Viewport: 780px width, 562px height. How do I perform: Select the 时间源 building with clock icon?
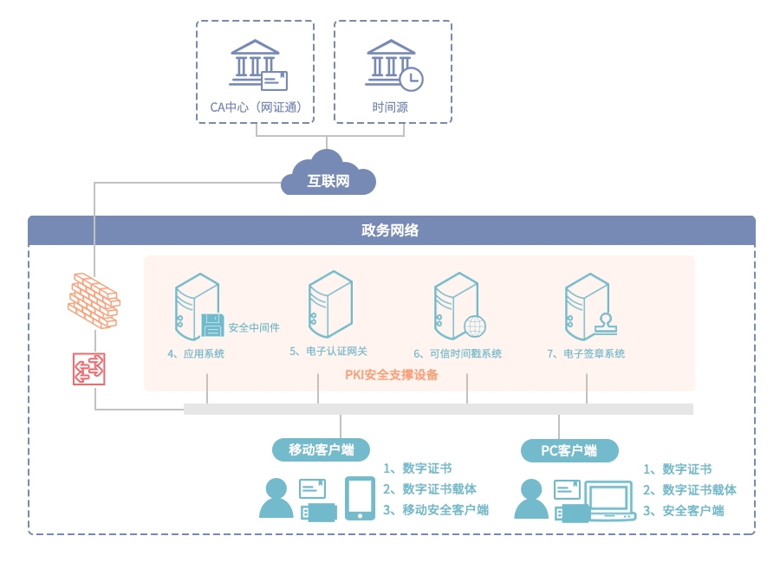393,63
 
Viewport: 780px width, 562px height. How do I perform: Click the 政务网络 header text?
390,230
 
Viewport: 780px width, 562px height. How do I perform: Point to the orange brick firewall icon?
94,300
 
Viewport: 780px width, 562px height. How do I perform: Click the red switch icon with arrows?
88,369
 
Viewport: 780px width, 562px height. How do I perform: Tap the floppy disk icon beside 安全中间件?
212,326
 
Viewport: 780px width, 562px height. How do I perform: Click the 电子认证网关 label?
328,352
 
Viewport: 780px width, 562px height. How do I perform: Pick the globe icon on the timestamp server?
474,326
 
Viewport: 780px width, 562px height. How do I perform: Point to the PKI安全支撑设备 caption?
392,375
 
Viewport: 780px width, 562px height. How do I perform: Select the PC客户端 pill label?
569,451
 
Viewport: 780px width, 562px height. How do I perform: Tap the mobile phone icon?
360,499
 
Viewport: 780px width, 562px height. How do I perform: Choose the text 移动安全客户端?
445,510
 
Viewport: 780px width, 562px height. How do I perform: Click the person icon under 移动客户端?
276,499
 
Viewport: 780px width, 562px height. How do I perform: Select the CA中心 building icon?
257,64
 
